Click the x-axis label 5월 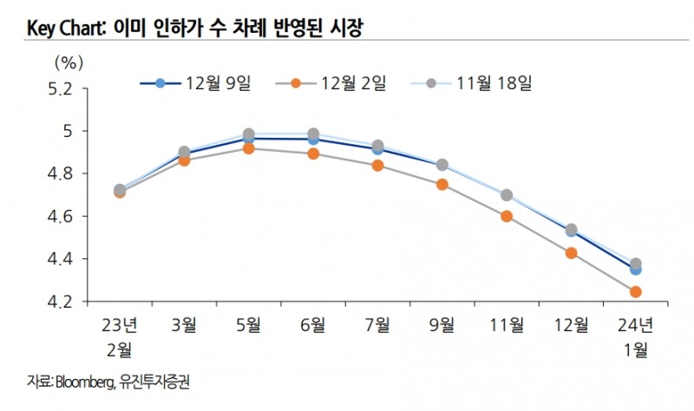click(248, 327)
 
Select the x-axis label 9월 click(442, 327)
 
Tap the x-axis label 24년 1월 click(636, 337)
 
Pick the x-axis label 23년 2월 click(119, 337)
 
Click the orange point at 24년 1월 click(636, 292)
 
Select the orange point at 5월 click(248, 148)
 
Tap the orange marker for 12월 click(572, 253)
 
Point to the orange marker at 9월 click(442, 185)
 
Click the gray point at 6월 click(313, 134)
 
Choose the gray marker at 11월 click(507, 195)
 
